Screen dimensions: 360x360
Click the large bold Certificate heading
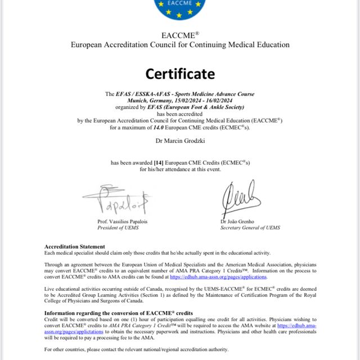tap(180, 74)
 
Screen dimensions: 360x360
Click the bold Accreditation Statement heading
tap(74, 246)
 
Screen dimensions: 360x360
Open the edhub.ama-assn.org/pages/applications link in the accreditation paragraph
tap(218, 277)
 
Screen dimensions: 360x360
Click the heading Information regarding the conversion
tap(118, 312)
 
